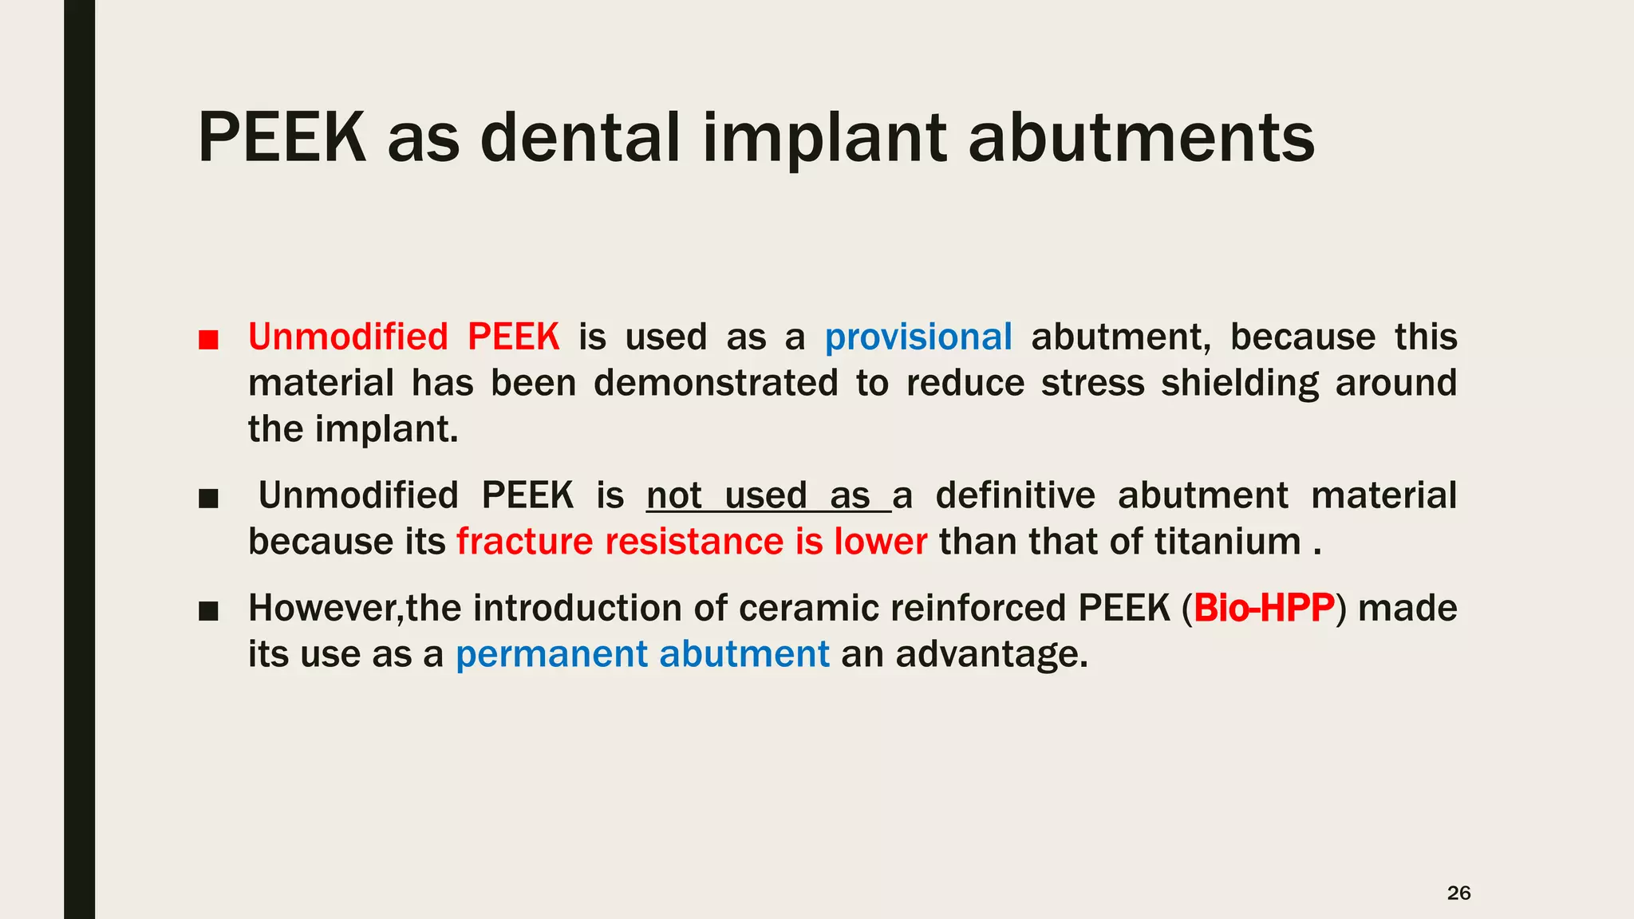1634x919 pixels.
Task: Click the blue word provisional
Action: point(918,337)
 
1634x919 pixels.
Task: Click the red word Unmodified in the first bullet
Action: point(348,337)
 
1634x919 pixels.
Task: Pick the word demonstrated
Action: point(716,383)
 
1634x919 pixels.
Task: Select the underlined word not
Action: point(674,495)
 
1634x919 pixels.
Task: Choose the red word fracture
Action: point(525,542)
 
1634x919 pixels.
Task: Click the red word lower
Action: point(881,542)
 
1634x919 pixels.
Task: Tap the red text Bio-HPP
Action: point(1264,608)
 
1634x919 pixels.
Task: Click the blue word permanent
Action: point(552,654)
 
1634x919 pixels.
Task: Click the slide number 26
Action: point(1458,893)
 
